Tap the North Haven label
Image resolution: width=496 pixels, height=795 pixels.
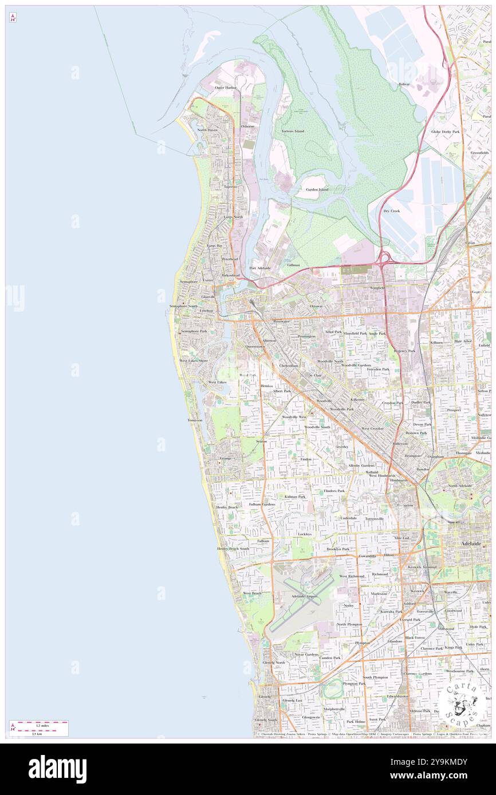pyautogui.click(x=207, y=130)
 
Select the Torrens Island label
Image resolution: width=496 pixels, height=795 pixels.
pyautogui.click(x=293, y=131)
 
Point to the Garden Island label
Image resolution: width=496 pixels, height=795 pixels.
pyautogui.click(x=317, y=189)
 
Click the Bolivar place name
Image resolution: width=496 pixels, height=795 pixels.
pyautogui.click(x=404, y=84)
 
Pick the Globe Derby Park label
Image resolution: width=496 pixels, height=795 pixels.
pyautogui.click(x=445, y=132)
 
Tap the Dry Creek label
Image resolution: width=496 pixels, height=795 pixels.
pyautogui.click(x=391, y=211)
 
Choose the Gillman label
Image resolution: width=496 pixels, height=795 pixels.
pyautogui.click(x=293, y=265)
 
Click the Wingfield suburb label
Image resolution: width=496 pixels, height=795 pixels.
pyautogui.click(x=377, y=288)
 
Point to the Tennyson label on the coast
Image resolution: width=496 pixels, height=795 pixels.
pyautogui.click(x=195, y=420)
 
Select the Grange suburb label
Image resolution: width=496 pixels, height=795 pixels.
pyautogui.click(x=225, y=458)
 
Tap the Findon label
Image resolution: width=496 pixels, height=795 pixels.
pyautogui.click(x=306, y=459)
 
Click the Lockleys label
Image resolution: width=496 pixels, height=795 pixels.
pyautogui.click(x=304, y=534)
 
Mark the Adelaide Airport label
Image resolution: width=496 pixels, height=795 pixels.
pyautogui.click(x=304, y=597)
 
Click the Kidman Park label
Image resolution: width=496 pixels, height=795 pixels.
pyautogui.click(x=294, y=496)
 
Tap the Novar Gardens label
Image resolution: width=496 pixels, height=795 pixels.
pyautogui.click(x=306, y=654)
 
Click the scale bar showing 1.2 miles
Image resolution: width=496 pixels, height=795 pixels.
pyautogui.click(x=38, y=725)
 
